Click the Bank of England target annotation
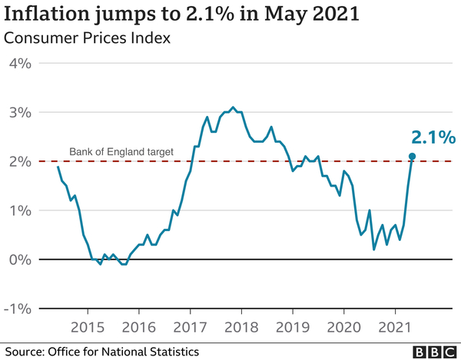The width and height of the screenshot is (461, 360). [122, 152]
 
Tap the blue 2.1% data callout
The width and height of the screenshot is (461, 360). [433, 138]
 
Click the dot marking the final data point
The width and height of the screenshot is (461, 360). [412, 157]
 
